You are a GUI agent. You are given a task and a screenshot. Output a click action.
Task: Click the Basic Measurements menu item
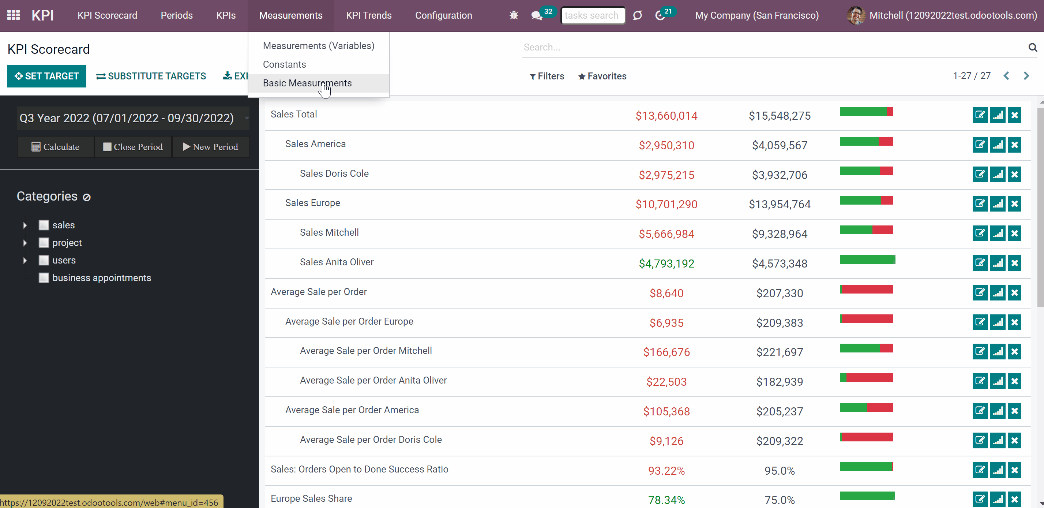pos(307,83)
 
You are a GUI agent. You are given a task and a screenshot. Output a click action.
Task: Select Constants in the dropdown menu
pos(285,64)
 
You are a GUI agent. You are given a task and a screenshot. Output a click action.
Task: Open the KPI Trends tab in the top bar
pos(369,15)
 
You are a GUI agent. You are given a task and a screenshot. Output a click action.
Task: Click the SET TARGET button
pos(46,76)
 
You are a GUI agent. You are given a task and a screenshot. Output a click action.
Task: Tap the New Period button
pos(210,147)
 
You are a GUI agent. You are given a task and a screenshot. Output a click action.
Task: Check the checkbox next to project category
pos(44,243)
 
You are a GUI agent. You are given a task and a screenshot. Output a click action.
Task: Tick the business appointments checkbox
pos(44,278)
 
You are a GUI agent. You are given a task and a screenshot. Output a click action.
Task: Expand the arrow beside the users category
pos(25,260)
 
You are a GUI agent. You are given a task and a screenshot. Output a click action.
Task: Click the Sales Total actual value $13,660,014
pos(666,116)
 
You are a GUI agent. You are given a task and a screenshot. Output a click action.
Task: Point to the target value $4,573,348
pos(780,264)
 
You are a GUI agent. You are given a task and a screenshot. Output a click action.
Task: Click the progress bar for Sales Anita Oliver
pos(867,259)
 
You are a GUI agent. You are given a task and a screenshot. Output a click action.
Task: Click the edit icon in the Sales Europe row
pos(980,203)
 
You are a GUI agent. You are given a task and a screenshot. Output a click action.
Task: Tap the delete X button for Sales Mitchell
pos(1014,233)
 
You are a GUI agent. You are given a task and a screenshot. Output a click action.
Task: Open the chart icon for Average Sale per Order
pos(998,292)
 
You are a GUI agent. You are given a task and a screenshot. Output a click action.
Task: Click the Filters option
pos(547,76)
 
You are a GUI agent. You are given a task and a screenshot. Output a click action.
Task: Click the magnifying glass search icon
pos(1033,48)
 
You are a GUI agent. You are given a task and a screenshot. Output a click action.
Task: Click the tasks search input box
pos(593,15)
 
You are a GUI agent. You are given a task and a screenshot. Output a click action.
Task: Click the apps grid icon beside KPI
pos(14,15)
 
